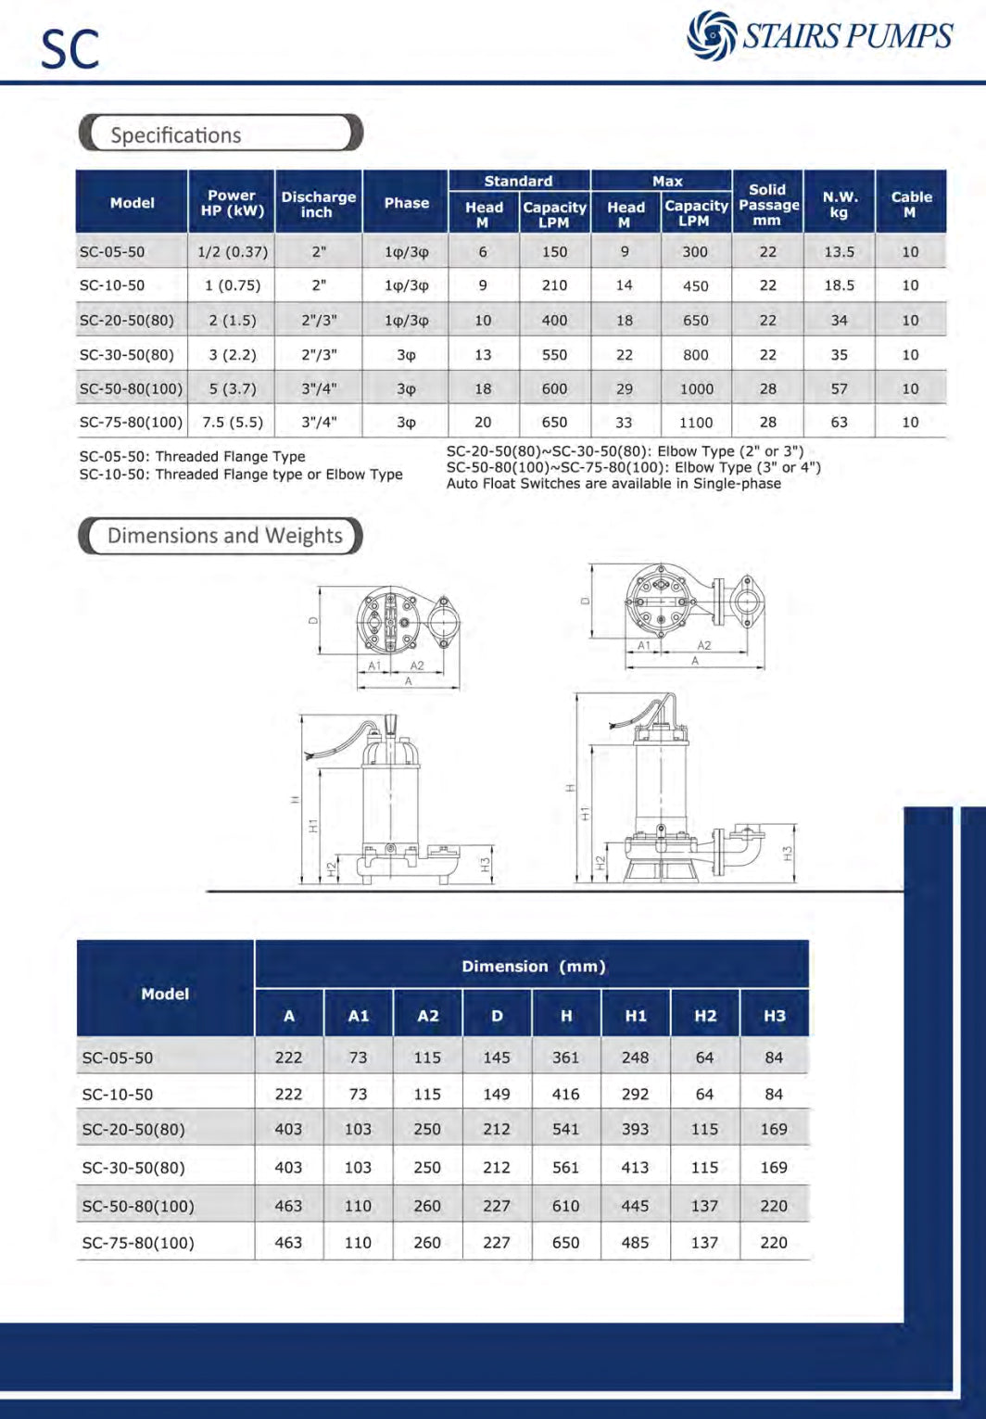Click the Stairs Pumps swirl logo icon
[x=712, y=34]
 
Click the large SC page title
[x=70, y=50]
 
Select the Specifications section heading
[x=176, y=135]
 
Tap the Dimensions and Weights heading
[x=225, y=536]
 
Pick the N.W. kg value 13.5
[x=839, y=252]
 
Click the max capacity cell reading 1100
[x=696, y=423]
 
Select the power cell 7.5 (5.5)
[x=233, y=423]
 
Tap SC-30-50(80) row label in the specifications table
[x=127, y=355]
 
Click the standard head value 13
[x=483, y=355]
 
